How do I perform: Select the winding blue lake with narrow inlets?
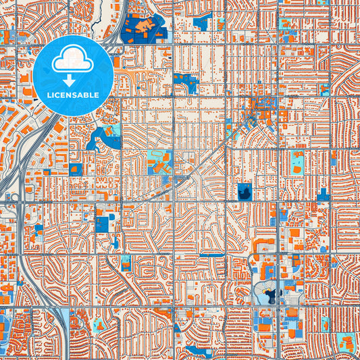(101, 138)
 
